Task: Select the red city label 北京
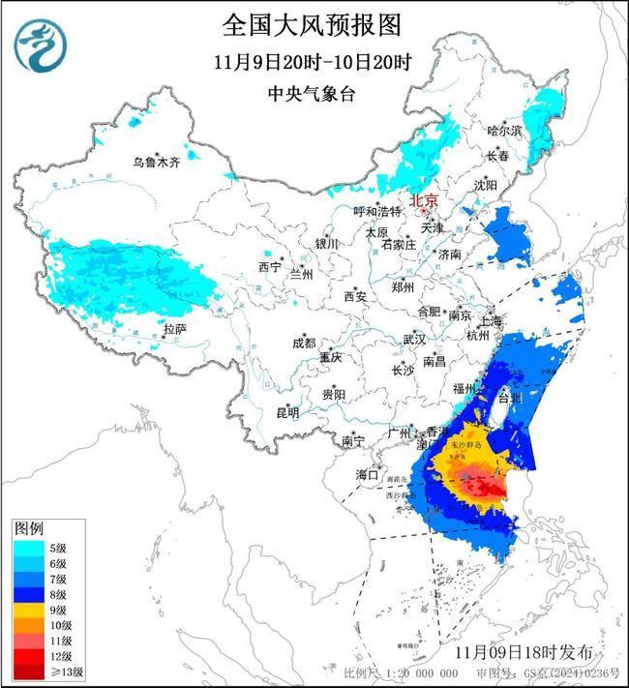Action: click(x=424, y=200)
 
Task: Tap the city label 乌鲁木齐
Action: click(x=157, y=163)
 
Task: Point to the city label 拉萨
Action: click(x=174, y=329)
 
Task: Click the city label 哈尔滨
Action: click(x=504, y=130)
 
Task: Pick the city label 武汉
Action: click(x=414, y=340)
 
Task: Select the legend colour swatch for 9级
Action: click(x=26, y=611)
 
